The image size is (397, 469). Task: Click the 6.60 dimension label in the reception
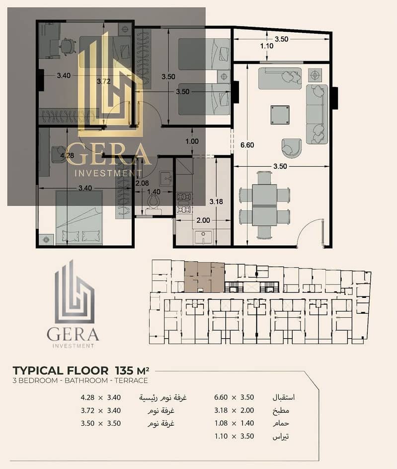(x=247, y=145)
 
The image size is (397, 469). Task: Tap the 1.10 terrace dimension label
(x=266, y=46)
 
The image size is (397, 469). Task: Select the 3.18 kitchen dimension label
(x=216, y=201)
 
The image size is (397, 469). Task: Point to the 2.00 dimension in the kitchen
(x=203, y=220)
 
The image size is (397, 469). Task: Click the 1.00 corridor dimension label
(x=192, y=141)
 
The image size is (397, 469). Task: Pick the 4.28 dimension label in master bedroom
(x=67, y=156)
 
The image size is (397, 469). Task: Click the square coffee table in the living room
(x=280, y=114)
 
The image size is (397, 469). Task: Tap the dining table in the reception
(x=264, y=205)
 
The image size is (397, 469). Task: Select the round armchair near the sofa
(x=291, y=148)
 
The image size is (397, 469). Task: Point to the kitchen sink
(x=203, y=238)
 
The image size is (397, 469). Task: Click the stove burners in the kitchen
(x=184, y=203)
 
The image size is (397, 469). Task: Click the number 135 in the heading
(x=124, y=371)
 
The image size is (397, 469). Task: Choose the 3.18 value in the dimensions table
(x=221, y=410)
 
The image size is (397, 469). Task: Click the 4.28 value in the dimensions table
(x=87, y=397)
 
